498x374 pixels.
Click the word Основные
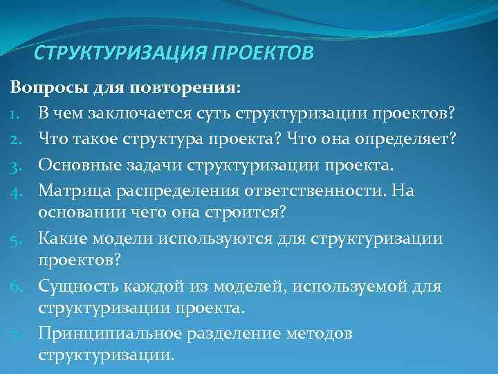click(76, 166)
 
